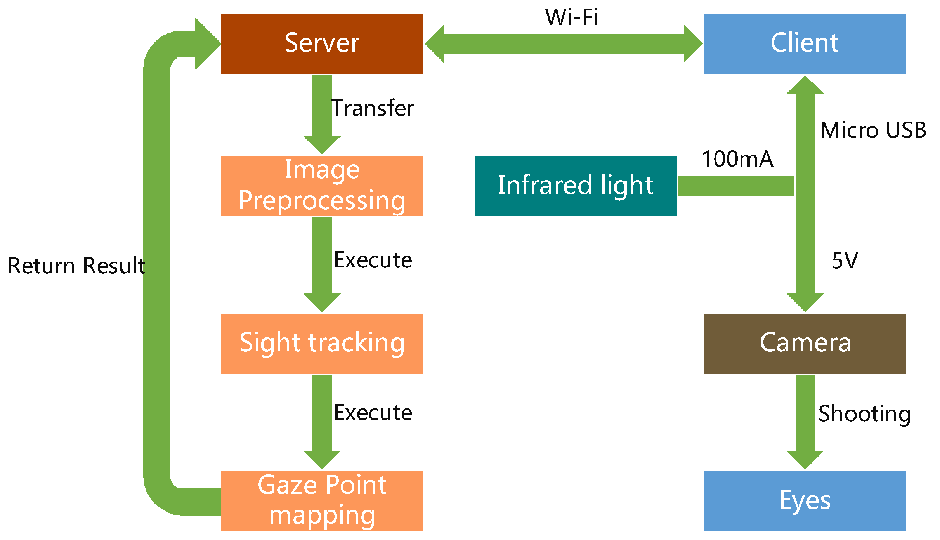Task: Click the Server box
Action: [322, 43]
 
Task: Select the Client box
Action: [805, 43]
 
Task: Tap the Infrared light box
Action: [576, 186]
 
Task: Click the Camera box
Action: [805, 344]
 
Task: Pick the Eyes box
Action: [805, 501]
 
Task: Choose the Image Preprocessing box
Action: [322, 186]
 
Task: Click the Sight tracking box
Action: [322, 344]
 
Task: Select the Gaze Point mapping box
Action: [322, 501]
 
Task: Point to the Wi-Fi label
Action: [571, 17]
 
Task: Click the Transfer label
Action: [373, 108]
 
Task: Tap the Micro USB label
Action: [873, 130]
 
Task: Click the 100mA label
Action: [737, 159]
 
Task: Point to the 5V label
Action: [845, 260]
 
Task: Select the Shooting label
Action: [864, 414]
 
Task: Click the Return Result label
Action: [76, 266]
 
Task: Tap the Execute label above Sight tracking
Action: [373, 260]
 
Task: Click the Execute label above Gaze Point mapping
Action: [373, 413]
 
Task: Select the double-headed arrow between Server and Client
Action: [564, 43]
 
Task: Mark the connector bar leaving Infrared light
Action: [736, 186]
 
